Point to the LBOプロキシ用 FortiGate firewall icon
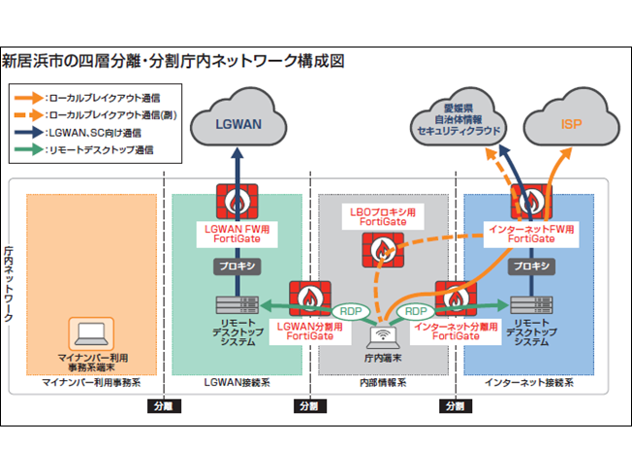click(382, 251)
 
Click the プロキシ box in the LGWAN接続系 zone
click(236, 265)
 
